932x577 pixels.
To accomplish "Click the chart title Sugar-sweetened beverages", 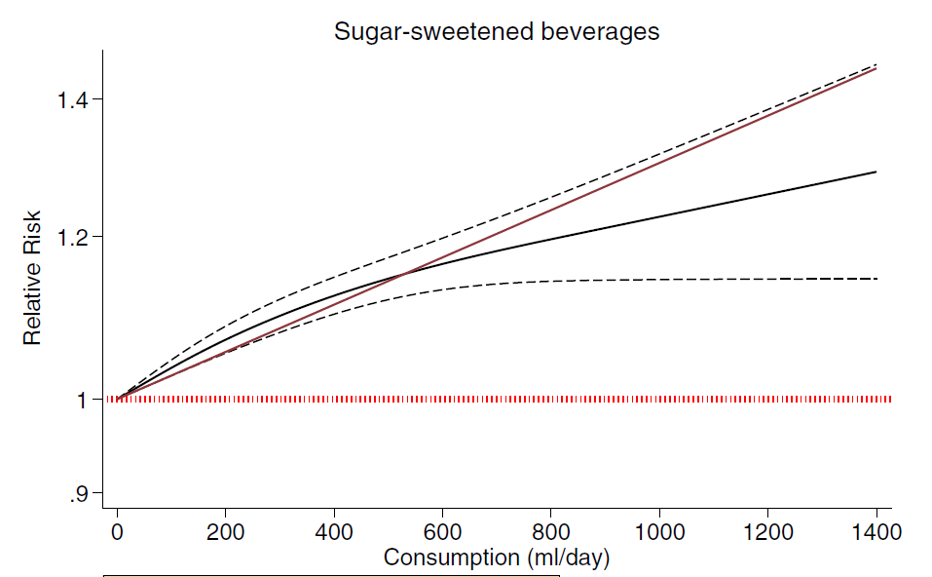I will pos(497,31).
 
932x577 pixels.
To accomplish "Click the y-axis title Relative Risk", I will pos(33,278).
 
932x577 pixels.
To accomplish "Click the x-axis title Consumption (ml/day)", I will pos(497,558).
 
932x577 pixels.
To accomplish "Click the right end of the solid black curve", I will pos(876,172).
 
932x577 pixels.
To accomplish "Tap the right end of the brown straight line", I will pos(876,69).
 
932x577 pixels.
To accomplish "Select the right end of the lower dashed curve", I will pos(876,279).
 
